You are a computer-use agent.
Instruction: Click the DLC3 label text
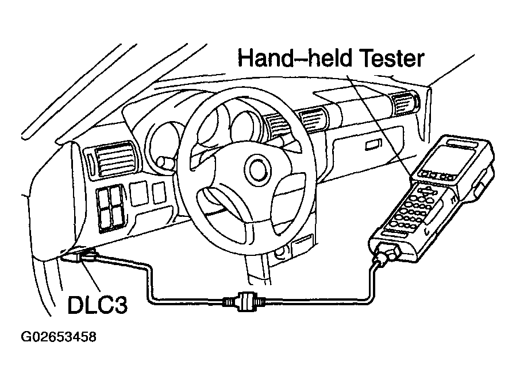[x=98, y=305]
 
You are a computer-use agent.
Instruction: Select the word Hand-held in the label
[x=295, y=58]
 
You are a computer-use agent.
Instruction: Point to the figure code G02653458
[x=59, y=337]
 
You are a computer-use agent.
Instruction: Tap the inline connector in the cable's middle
[x=244, y=300]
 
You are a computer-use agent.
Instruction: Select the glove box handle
[x=374, y=144]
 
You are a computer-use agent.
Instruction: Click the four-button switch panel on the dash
[x=110, y=208]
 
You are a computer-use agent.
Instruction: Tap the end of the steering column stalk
[x=164, y=162]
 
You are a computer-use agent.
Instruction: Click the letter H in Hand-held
[x=245, y=58]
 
